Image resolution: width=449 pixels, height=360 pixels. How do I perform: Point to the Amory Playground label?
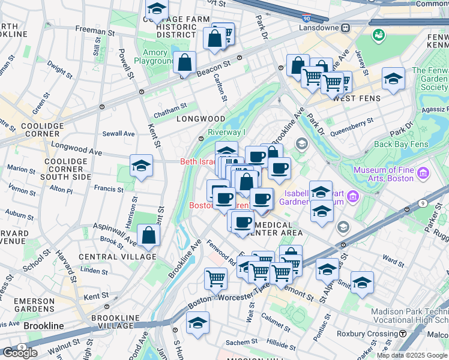154,57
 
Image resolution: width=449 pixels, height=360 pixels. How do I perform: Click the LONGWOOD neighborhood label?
200,119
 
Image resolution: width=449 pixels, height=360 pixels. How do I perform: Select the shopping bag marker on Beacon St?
185,62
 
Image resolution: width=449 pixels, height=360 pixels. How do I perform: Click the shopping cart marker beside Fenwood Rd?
215,278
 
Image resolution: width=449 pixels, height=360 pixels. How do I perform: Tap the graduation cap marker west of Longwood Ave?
141,166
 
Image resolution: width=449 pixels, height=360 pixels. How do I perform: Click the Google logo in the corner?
20,353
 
